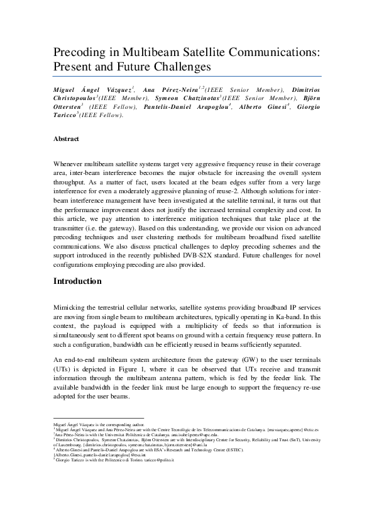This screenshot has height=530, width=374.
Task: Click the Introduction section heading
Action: coord(82,281)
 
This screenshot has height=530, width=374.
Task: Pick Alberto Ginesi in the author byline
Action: coord(260,107)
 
